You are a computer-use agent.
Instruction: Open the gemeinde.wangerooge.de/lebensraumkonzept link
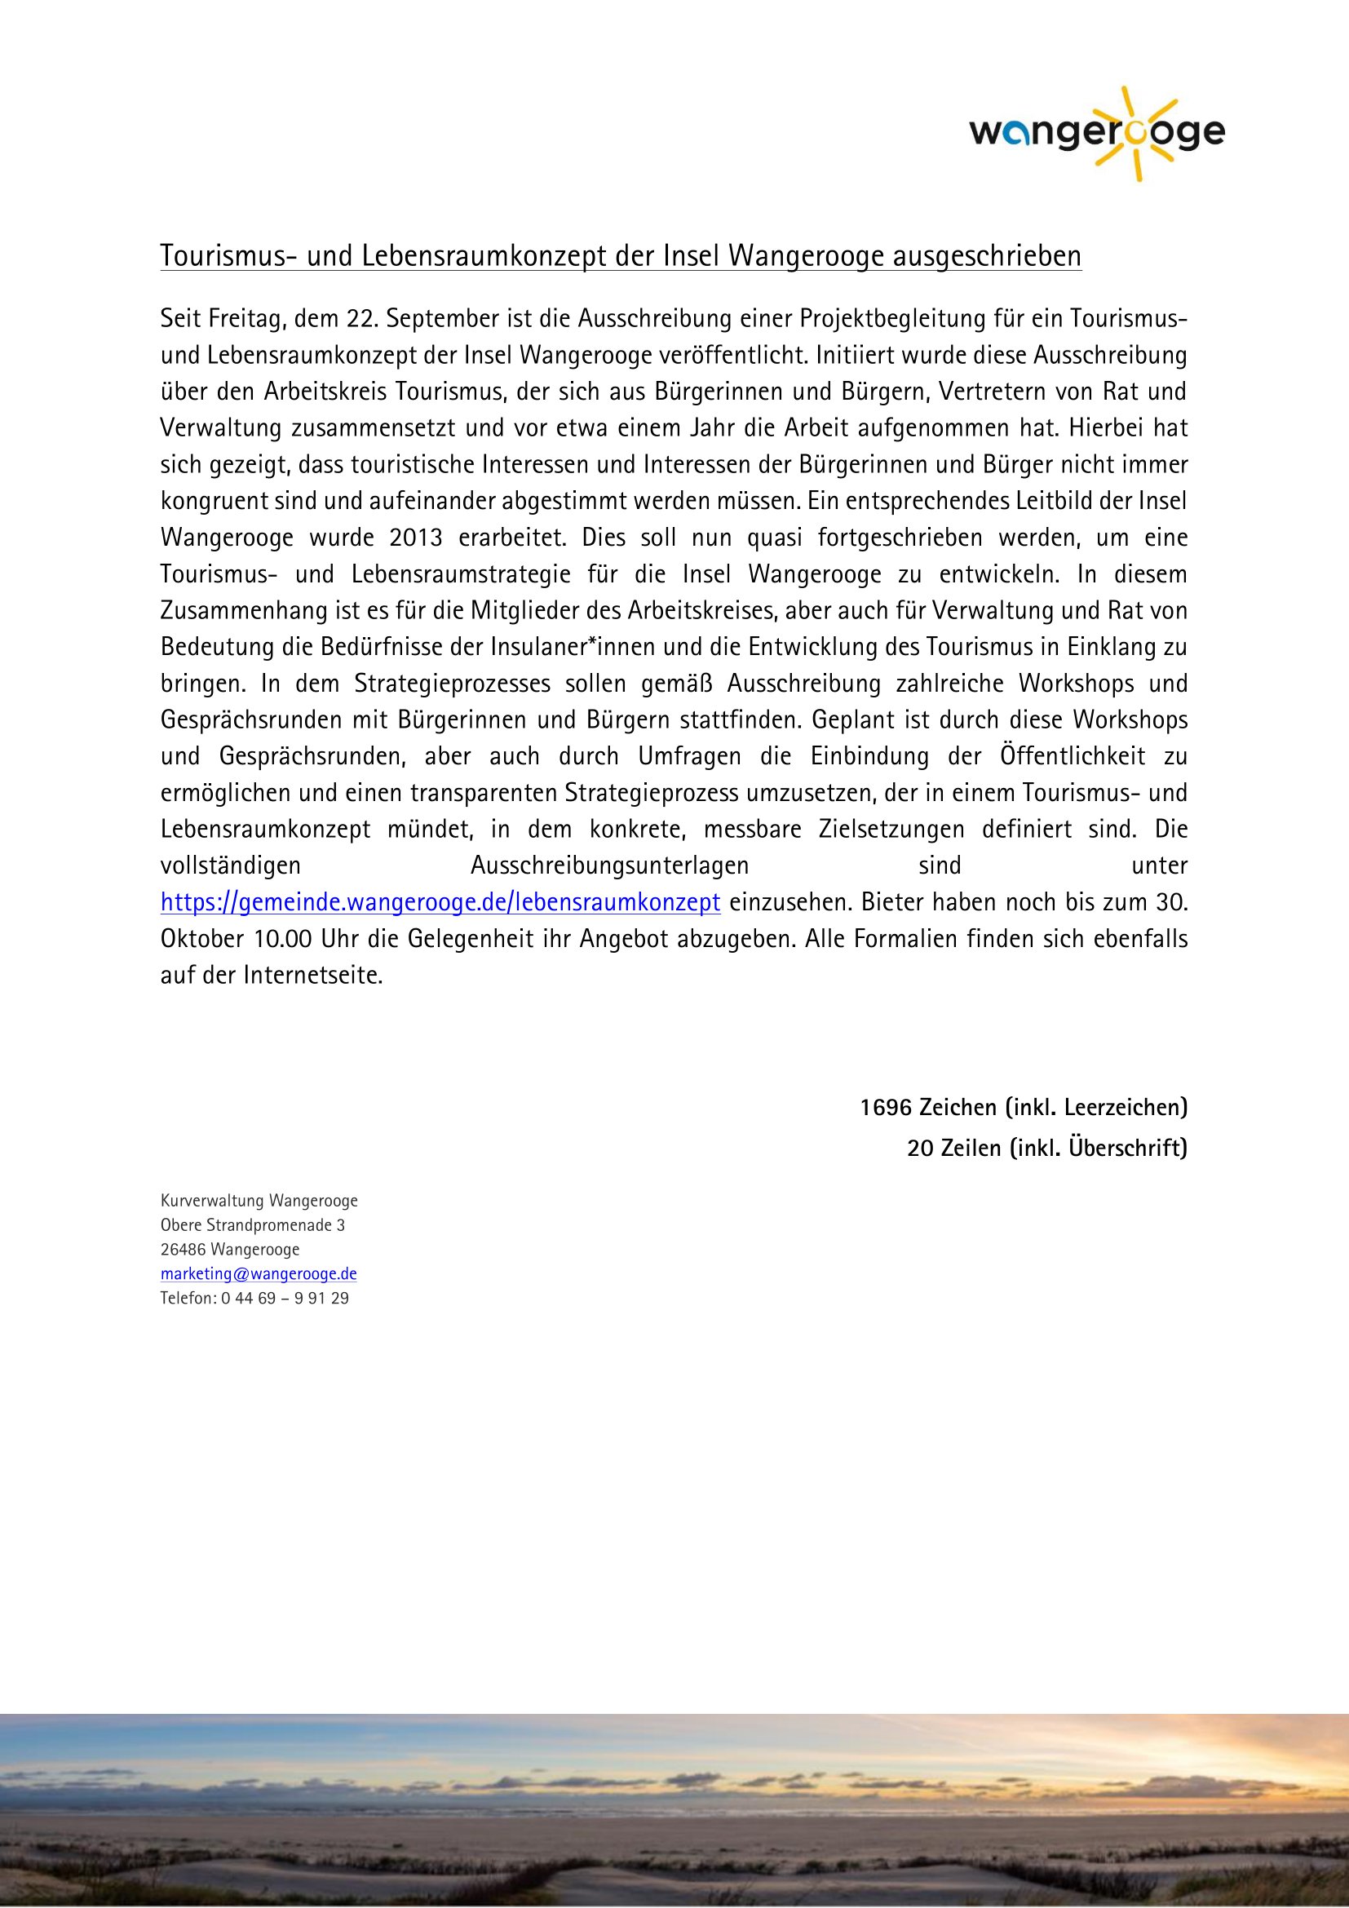tap(440, 902)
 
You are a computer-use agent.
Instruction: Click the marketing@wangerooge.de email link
tap(259, 1274)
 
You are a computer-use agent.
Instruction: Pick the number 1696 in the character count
tap(886, 1108)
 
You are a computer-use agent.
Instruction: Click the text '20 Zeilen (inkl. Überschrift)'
tap(1046, 1148)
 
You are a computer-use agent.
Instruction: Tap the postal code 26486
tap(184, 1250)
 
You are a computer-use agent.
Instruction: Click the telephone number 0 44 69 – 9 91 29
tap(285, 1298)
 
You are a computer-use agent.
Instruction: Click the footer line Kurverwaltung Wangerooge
tap(259, 1201)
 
